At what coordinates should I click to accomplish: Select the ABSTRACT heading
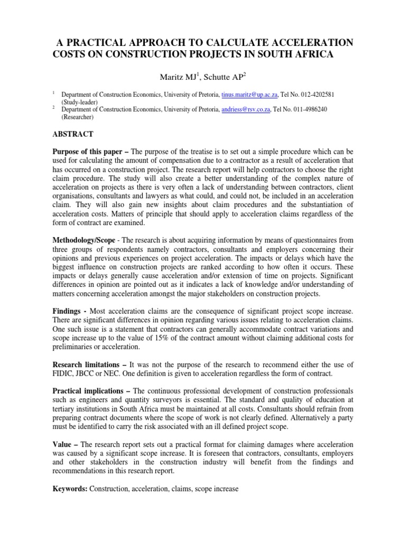pyautogui.click(x=72, y=134)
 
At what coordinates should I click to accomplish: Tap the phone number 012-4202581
pyautogui.click(x=328, y=94)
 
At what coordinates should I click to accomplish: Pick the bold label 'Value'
pyautogui.click(x=62, y=445)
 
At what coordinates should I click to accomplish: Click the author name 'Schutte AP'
pyautogui.click(x=226, y=78)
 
